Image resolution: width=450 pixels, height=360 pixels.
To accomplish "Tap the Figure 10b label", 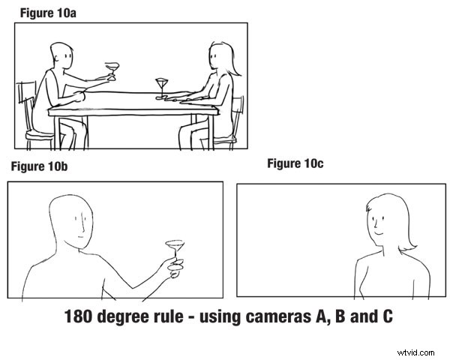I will pos(38,166).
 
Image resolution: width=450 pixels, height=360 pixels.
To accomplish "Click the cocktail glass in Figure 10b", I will pos(175,248).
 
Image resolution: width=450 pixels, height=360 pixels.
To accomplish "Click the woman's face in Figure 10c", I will pos(379,220).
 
